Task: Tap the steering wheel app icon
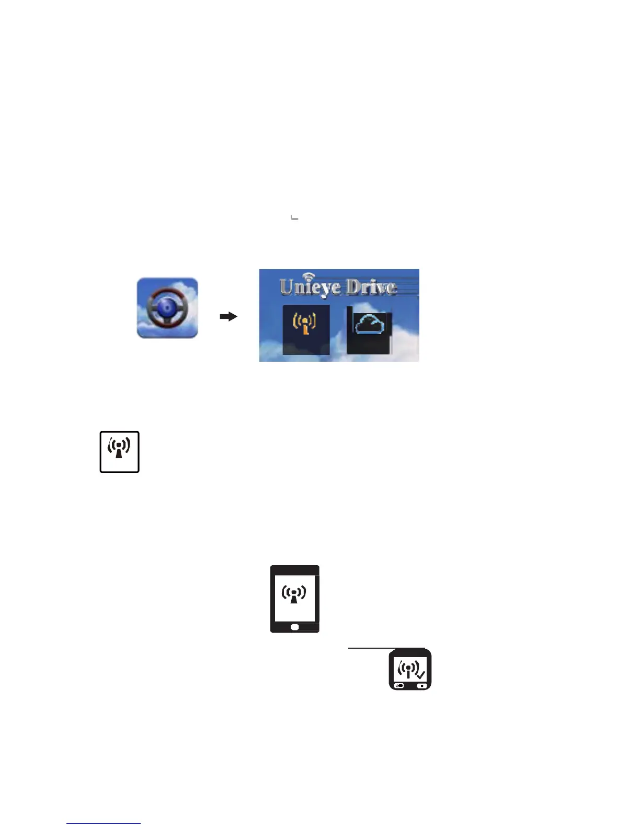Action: point(167,308)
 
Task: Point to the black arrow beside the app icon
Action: point(228,316)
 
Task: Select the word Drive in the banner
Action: point(371,287)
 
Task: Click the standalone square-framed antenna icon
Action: point(119,452)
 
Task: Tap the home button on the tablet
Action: point(294,627)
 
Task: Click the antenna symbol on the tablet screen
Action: point(294,594)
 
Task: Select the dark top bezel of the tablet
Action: point(294,568)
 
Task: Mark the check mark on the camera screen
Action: point(421,674)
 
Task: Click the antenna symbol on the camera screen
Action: point(408,669)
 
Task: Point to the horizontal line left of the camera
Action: point(369,648)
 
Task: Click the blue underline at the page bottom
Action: point(104,823)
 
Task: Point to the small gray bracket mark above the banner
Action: point(294,217)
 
